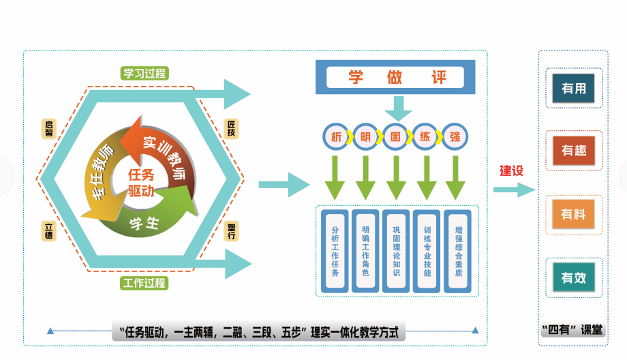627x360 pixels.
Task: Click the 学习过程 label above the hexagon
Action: [x=144, y=73]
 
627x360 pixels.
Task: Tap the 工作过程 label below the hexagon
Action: [x=144, y=282]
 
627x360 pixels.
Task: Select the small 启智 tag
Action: [x=48, y=128]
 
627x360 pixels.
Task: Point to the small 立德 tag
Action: [x=48, y=230]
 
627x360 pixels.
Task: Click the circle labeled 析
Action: [x=336, y=136]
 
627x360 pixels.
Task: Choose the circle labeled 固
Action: [x=395, y=136]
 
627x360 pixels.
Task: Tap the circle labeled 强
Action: [x=455, y=136]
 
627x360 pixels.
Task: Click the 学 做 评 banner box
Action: [x=395, y=78]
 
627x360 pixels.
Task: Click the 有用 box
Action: [x=574, y=89]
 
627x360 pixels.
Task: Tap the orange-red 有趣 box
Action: [x=574, y=151]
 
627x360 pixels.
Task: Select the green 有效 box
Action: [x=574, y=277]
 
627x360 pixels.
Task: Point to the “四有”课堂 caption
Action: [x=572, y=330]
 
